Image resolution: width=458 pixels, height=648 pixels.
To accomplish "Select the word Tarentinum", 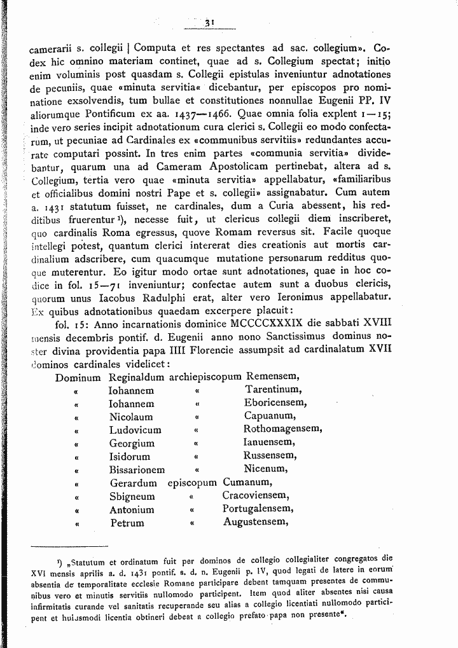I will click(x=274, y=390).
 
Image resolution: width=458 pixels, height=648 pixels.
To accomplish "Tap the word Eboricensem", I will click(x=275, y=403).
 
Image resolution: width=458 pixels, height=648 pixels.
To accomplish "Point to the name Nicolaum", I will click(x=131, y=417).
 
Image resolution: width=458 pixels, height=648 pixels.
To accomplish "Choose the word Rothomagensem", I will click(x=282, y=429).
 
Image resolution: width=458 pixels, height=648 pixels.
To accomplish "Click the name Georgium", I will click(x=132, y=443).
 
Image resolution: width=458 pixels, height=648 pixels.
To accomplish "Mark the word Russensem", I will click(x=269, y=456).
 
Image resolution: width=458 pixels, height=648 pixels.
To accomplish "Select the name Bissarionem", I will click(x=137, y=470).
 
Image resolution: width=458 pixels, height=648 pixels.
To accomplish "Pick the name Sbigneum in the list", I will click(x=132, y=496).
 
